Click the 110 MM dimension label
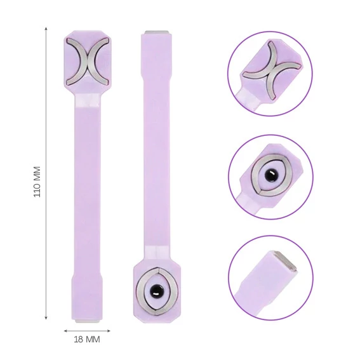pyautogui.click(x=37, y=182)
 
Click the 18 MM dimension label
pyautogui.click(x=87, y=339)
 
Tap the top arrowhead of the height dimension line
pyautogui.click(x=46, y=29)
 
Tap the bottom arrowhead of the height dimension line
pyautogui.click(x=46, y=317)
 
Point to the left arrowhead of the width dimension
pyautogui.click(x=65, y=331)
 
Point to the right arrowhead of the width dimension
pyautogui.click(x=109, y=331)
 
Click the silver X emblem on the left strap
pyautogui.click(x=88, y=61)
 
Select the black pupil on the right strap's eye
pyautogui.click(x=156, y=291)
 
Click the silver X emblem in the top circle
pyautogui.click(x=272, y=70)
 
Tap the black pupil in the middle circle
pyautogui.click(x=270, y=175)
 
